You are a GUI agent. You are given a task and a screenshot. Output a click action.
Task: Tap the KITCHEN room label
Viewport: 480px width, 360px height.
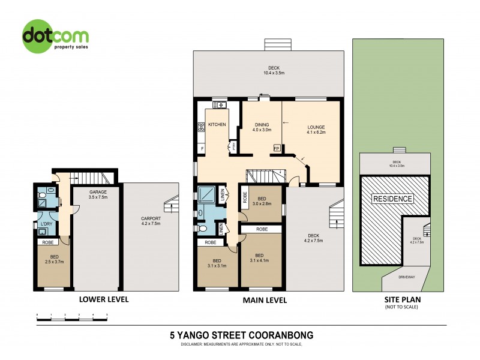(x=217, y=125)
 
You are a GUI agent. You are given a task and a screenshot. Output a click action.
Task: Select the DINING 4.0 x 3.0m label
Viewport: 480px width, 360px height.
(x=262, y=127)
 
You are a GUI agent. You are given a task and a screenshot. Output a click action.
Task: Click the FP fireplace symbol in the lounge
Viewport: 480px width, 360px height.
(x=277, y=148)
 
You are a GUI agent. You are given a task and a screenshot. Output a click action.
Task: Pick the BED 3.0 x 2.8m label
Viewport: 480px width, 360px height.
(x=262, y=201)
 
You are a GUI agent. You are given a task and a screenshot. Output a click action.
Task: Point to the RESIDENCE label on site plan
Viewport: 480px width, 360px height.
(x=393, y=199)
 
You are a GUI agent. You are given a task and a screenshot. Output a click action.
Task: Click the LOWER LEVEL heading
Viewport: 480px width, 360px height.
(x=104, y=299)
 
